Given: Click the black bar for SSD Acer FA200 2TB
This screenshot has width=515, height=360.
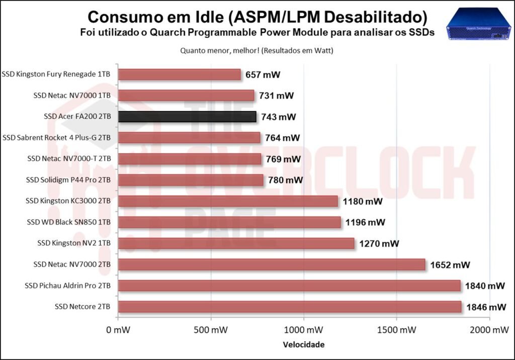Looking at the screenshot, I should (x=187, y=117).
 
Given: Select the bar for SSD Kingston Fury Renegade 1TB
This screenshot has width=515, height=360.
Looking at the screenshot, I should (x=179, y=74).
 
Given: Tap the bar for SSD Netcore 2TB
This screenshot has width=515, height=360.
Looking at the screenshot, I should (x=290, y=307).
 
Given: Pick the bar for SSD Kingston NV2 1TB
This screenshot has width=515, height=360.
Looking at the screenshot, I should (x=236, y=243).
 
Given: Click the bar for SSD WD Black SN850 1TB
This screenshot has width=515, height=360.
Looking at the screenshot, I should (x=229, y=222).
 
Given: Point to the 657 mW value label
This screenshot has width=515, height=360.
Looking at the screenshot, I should (x=263, y=75).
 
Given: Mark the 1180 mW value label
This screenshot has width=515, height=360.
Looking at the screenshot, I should (x=363, y=202).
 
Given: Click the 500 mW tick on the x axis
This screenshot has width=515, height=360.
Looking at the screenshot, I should (x=211, y=330).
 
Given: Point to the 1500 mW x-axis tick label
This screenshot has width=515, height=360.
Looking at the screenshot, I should (x=396, y=330).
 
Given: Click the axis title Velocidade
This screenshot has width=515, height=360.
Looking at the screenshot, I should (x=303, y=345).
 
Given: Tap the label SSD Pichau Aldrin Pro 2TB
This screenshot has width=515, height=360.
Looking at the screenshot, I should (x=68, y=286).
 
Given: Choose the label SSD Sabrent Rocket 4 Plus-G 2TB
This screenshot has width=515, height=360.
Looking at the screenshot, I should (x=57, y=138).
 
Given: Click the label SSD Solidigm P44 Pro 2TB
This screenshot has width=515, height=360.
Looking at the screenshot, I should (x=68, y=180).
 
